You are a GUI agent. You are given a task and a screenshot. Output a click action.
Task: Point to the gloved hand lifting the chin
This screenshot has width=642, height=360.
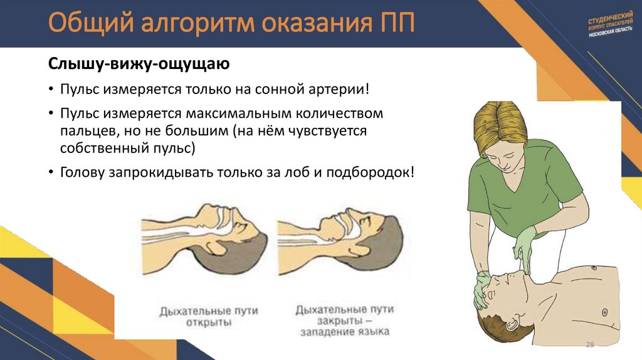pos(523,248)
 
